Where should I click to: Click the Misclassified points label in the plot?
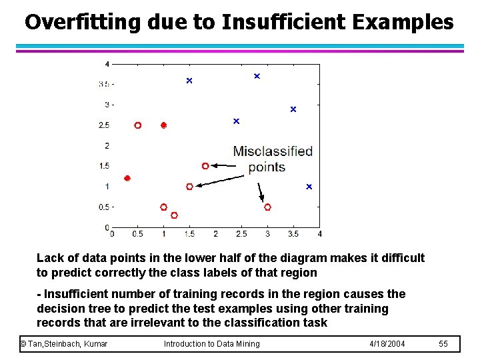point(272,159)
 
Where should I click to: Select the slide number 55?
point(444,343)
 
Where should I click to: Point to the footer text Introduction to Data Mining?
point(211,343)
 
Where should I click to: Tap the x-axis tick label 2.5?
point(241,234)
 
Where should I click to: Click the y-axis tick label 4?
point(107,64)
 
